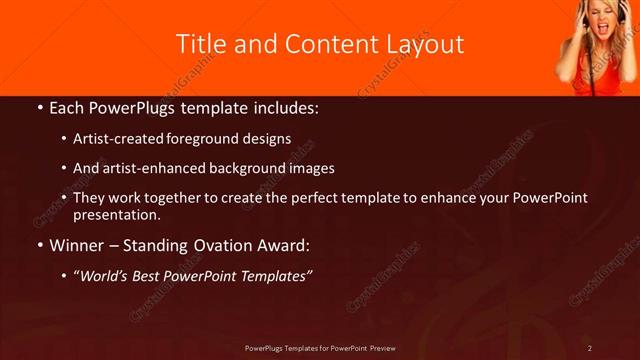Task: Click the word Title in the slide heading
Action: (198, 44)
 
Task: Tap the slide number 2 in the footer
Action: (590, 348)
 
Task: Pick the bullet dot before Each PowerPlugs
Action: (39, 107)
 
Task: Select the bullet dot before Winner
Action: (39, 244)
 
